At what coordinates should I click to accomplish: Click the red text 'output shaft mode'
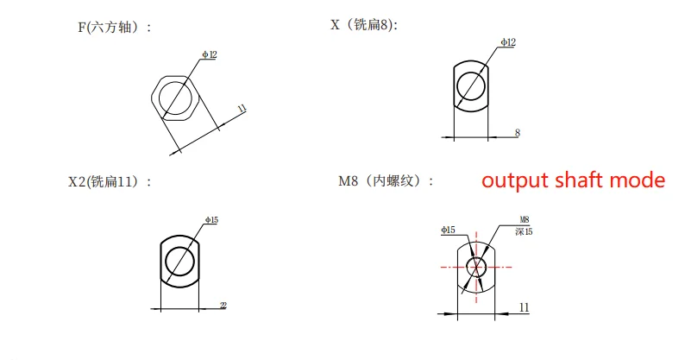tap(573, 180)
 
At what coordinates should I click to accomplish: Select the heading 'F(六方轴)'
tap(114, 27)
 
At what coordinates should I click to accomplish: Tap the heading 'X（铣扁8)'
tap(364, 25)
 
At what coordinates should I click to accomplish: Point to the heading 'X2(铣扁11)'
tap(110, 181)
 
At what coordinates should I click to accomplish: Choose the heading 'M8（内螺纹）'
tap(386, 181)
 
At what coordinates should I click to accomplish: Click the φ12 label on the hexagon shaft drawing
tap(210, 54)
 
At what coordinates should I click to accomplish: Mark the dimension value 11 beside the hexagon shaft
tap(242, 108)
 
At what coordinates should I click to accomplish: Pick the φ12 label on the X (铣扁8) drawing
tap(508, 41)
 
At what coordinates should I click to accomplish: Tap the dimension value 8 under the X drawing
tap(517, 133)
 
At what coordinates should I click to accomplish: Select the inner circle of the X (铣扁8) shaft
tap(471, 85)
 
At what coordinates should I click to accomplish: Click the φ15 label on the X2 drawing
tap(211, 220)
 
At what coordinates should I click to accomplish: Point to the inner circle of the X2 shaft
tap(179, 260)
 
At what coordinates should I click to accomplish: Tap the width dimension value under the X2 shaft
tap(223, 305)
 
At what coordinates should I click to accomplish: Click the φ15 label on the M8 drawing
tap(447, 230)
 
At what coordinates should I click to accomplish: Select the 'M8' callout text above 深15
tap(524, 220)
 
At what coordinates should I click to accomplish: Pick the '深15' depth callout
tap(524, 231)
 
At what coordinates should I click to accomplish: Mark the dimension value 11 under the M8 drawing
tap(524, 306)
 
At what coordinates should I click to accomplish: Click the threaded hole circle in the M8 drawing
tap(475, 267)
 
